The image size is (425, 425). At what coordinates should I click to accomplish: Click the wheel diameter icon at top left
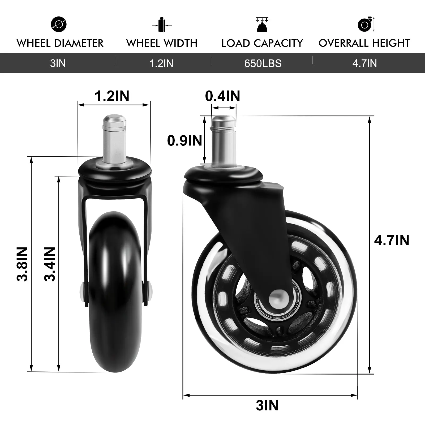pyautogui.click(x=59, y=24)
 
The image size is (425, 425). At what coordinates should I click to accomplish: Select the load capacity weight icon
pyautogui.click(x=262, y=25)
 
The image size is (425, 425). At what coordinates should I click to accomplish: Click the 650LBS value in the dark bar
pyautogui.click(x=263, y=63)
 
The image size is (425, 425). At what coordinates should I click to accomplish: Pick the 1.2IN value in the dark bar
pyautogui.click(x=161, y=63)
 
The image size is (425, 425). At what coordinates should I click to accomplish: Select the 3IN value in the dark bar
pyautogui.click(x=58, y=63)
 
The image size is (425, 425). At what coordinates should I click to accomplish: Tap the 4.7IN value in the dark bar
pyautogui.click(x=364, y=63)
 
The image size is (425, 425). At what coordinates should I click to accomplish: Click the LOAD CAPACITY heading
pyautogui.click(x=262, y=43)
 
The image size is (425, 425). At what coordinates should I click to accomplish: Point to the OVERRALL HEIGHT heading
pyautogui.click(x=364, y=43)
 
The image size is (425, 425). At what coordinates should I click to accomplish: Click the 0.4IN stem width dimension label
pyautogui.click(x=222, y=96)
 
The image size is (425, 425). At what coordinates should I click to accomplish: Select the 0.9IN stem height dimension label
pyautogui.click(x=184, y=140)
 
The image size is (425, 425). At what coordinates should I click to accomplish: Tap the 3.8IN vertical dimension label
pyautogui.click(x=22, y=264)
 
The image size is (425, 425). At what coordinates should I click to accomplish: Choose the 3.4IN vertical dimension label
pyautogui.click(x=50, y=264)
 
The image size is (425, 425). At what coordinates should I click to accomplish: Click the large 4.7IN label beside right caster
pyautogui.click(x=392, y=241)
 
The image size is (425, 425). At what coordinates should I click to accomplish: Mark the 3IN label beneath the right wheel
pyautogui.click(x=267, y=406)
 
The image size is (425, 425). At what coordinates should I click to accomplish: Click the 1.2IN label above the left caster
pyautogui.click(x=112, y=96)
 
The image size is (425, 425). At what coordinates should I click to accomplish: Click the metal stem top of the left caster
pyautogui.click(x=114, y=119)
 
